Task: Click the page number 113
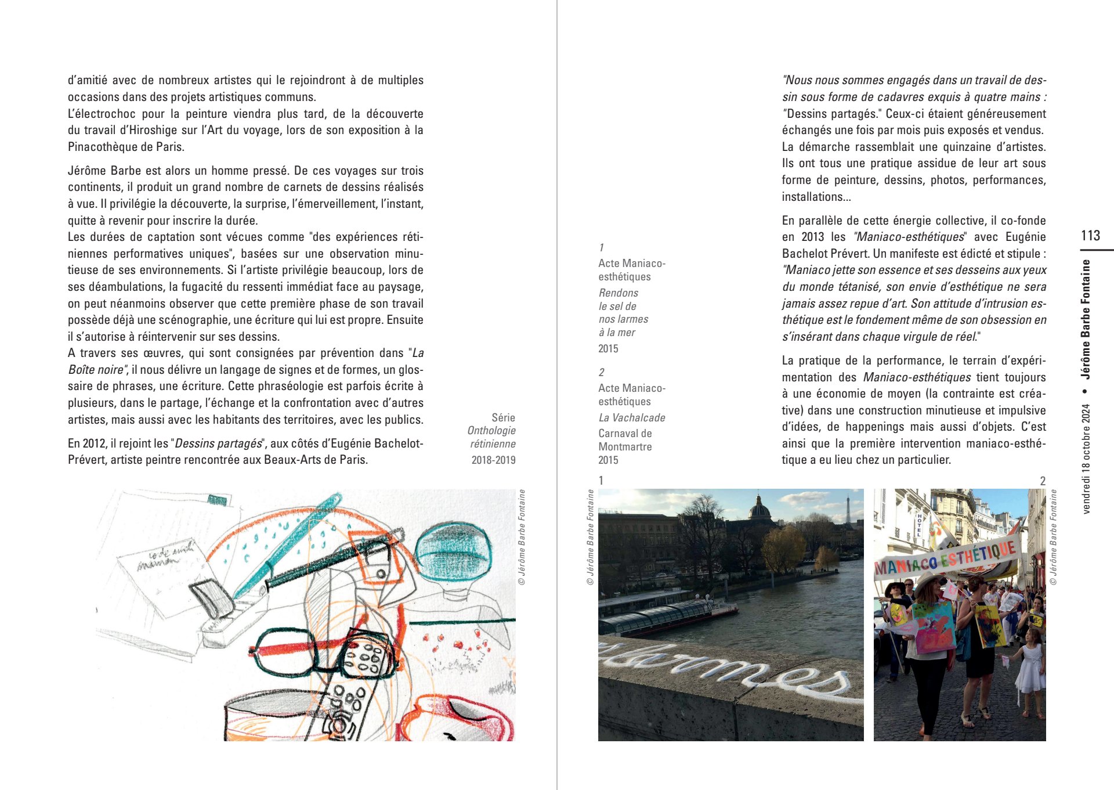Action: (x=1090, y=235)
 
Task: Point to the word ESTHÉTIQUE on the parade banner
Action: (x=978, y=553)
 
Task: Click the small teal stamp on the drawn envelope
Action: (x=218, y=500)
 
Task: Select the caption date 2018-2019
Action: (x=493, y=460)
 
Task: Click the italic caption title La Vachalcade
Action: (x=631, y=417)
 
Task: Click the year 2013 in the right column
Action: (x=813, y=237)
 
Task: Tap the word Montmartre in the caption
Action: (x=625, y=446)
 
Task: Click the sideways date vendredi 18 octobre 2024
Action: (x=1086, y=459)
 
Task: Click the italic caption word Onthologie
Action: (x=491, y=431)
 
